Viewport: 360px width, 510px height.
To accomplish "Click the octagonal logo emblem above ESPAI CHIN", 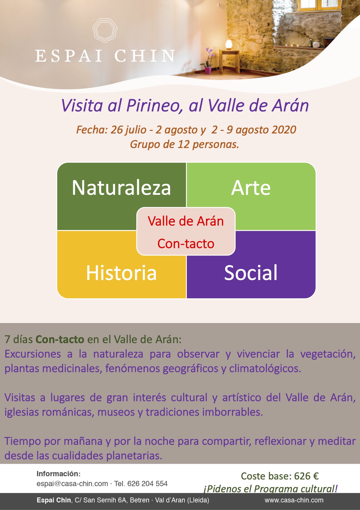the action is [105, 31].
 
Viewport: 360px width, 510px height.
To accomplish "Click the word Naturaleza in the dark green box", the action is [121, 188].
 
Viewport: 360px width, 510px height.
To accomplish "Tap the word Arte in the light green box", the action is [251, 188].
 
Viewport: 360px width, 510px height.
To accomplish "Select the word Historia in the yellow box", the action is [121, 273].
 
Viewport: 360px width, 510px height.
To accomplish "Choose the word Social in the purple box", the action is [251, 273].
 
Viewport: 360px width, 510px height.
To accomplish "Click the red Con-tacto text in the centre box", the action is [186, 244].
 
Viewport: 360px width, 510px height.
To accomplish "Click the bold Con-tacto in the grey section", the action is [60, 339].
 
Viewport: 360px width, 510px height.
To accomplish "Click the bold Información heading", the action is [58, 474].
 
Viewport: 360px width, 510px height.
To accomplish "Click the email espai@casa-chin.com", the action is [72, 484].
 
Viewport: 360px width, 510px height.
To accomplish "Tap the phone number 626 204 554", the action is [147, 484].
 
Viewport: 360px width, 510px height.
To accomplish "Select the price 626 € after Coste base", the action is [307, 476].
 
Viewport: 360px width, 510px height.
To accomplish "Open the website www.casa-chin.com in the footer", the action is [294, 500].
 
